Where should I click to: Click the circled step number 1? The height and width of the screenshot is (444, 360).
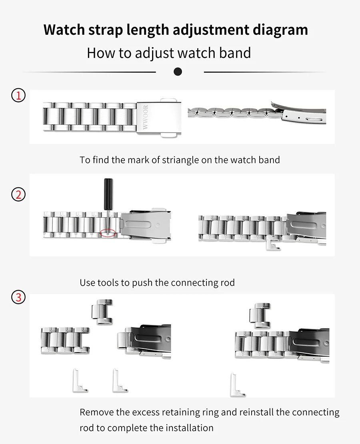[18, 96]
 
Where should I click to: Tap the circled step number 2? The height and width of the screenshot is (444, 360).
[18, 195]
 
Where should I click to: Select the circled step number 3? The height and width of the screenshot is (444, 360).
[18, 298]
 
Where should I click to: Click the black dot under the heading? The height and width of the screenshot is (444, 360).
[178, 72]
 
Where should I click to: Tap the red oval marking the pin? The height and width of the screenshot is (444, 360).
[108, 233]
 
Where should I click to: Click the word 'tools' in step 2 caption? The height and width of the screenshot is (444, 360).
[108, 283]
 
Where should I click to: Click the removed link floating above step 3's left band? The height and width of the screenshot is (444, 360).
[102, 312]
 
